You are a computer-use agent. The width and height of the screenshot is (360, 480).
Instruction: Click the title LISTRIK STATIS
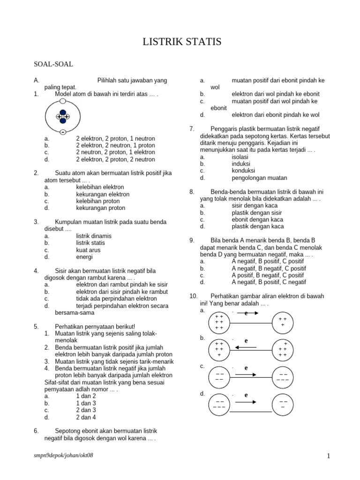click(x=182, y=43)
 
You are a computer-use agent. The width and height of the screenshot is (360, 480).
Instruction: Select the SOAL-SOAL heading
click(x=53, y=64)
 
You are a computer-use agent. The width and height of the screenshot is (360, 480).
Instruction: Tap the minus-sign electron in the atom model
click(x=62, y=132)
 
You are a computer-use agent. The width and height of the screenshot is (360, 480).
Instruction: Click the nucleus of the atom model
click(x=63, y=116)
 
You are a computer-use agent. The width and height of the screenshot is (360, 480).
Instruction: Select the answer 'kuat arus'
click(x=88, y=250)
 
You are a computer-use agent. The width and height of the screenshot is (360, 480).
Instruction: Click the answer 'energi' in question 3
click(x=84, y=257)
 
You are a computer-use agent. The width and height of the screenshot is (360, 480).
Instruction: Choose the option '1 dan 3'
click(x=86, y=403)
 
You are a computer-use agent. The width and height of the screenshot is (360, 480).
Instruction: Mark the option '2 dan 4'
click(x=86, y=417)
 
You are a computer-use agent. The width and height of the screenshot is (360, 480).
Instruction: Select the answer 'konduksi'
click(x=243, y=171)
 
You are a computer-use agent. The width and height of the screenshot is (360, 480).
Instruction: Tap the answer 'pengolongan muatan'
click(x=259, y=178)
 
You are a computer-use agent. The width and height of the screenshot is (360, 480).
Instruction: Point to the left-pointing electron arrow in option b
click(x=246, y=347)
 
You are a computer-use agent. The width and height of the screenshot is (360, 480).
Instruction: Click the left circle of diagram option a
click(x=218, y=322)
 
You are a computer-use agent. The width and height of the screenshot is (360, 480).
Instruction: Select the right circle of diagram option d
click(x=283, y=405)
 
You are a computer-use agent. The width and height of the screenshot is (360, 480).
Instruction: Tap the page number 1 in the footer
click(x=329, y=456)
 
